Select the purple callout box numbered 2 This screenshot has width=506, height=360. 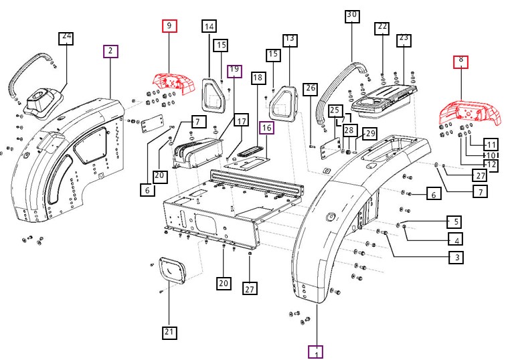point(110,51)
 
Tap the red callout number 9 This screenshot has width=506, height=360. point(169,27)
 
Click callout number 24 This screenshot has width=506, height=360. point(66,37)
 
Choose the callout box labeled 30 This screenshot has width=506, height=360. point(352,16)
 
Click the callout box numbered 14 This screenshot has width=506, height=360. point(209,27)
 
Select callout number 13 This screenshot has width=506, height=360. point(290,39)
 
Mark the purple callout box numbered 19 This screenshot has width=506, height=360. point(234,71)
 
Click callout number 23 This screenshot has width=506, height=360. point(404,39)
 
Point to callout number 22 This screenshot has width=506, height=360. point(382,27)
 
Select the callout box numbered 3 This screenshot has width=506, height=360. point(456,257)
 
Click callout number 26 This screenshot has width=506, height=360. point(309,88)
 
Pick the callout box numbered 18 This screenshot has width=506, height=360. point(258,78)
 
